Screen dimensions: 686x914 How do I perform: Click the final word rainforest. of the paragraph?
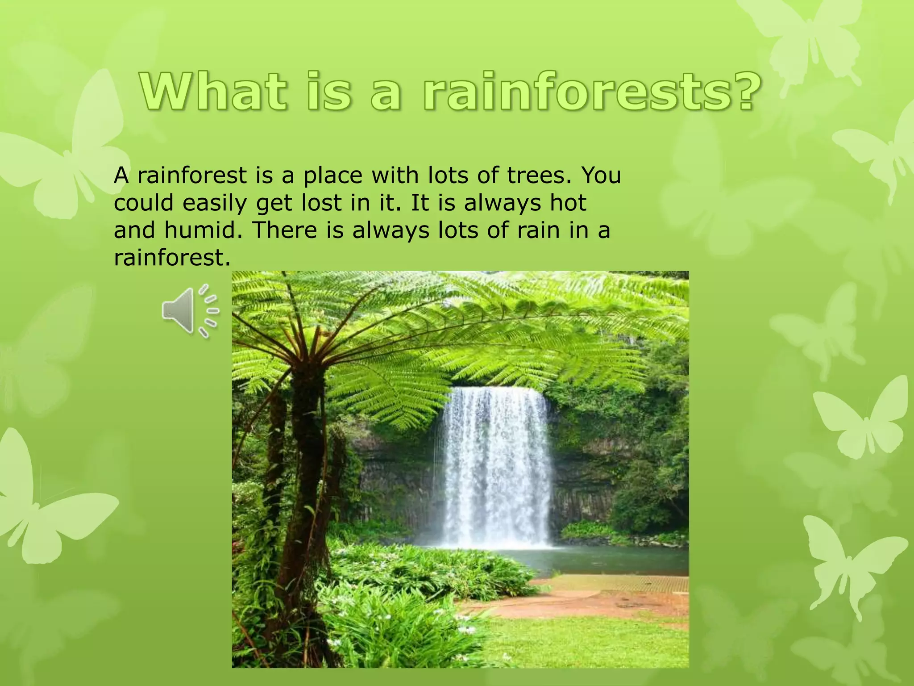(x=172, y=258)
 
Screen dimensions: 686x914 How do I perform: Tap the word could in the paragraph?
(x=143, y=203)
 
